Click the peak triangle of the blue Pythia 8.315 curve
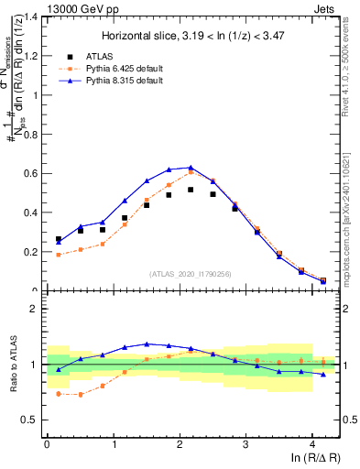point(191,168)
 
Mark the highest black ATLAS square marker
point(191,190)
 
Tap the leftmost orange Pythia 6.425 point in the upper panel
point(59,255)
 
